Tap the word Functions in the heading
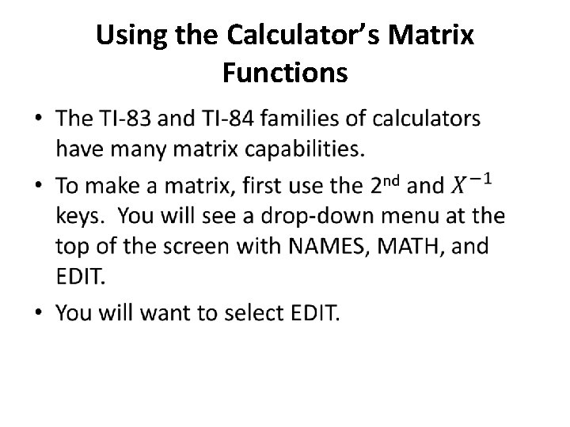coord(285,73)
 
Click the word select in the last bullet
coord(240,314)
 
